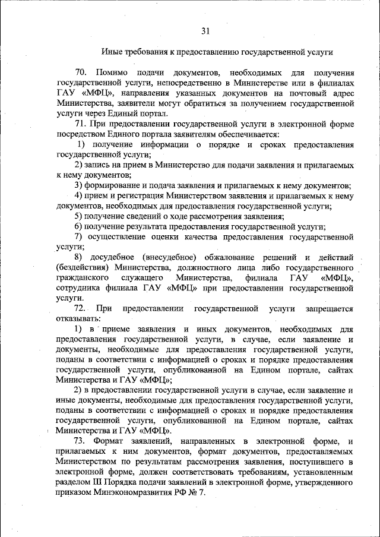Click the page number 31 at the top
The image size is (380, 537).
(x=205, y=31)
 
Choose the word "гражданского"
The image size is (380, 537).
(x=82, y=278)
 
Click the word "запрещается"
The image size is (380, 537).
(x=330, y=309)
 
